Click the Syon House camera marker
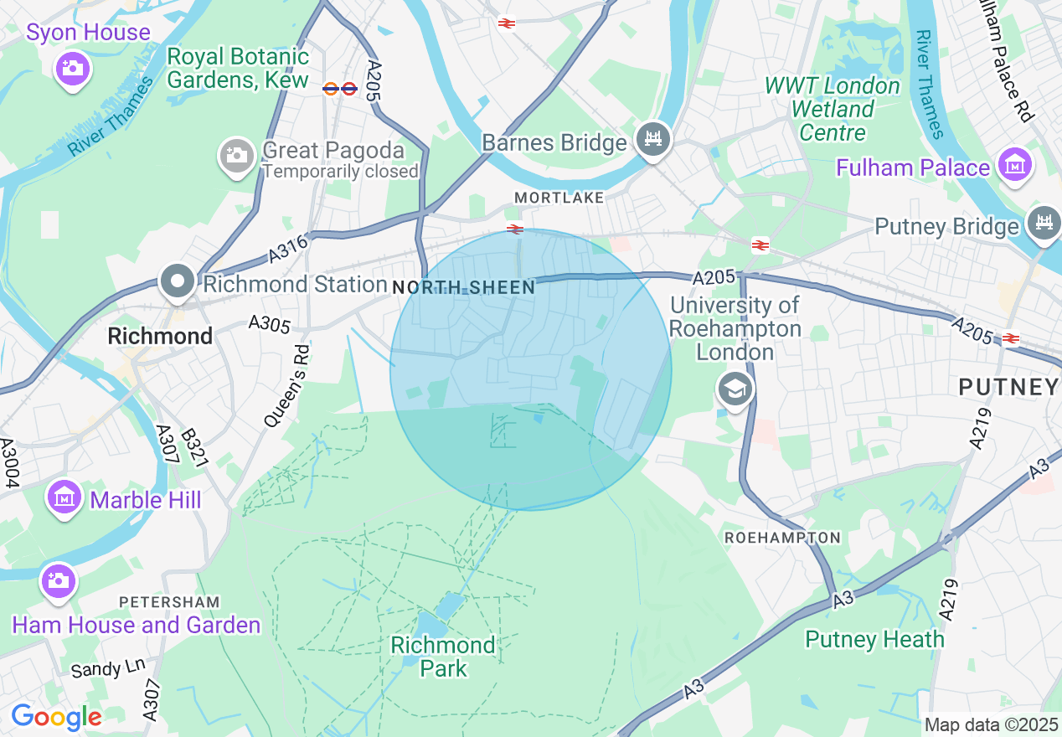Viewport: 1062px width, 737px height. tap(73, 68)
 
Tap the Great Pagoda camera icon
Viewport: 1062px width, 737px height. tap(237, 155)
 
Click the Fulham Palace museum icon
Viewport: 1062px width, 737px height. tap(1015, 164)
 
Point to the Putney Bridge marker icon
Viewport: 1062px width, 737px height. tap(1044, 224)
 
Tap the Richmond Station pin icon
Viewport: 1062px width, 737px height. tap(177, 282)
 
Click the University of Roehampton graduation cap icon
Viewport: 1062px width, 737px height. tap(735, 389)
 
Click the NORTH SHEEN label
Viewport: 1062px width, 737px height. tap(463, 287)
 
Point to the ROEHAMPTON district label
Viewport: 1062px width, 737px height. tap(782, 537)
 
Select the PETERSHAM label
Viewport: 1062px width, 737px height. tap(169, 601)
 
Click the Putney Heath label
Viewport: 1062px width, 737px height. tap(874, 639)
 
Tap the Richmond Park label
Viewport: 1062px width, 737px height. tap(443, 657)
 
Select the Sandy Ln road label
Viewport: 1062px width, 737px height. tap(107, 668)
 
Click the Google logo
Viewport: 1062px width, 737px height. tap(56, 717)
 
